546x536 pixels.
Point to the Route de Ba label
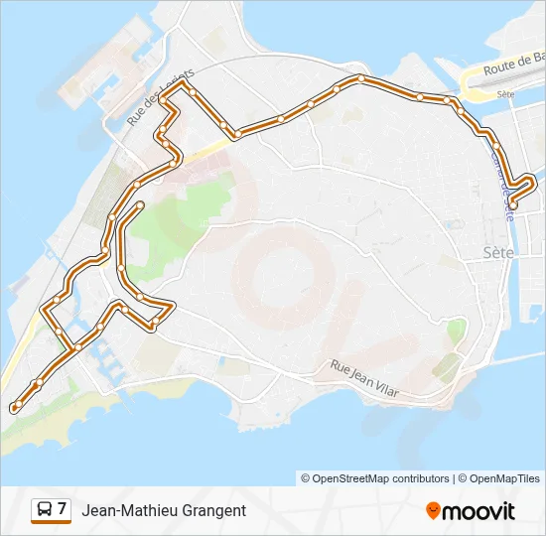513,67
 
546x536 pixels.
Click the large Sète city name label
498,252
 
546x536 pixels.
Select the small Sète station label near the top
505,94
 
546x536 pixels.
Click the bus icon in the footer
45,510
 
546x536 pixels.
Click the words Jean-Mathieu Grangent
164,510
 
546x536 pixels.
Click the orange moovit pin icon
433,511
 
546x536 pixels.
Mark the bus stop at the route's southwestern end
14,407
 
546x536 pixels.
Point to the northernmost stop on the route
361,77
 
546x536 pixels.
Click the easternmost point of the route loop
534,181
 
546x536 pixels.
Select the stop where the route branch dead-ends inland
140,204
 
